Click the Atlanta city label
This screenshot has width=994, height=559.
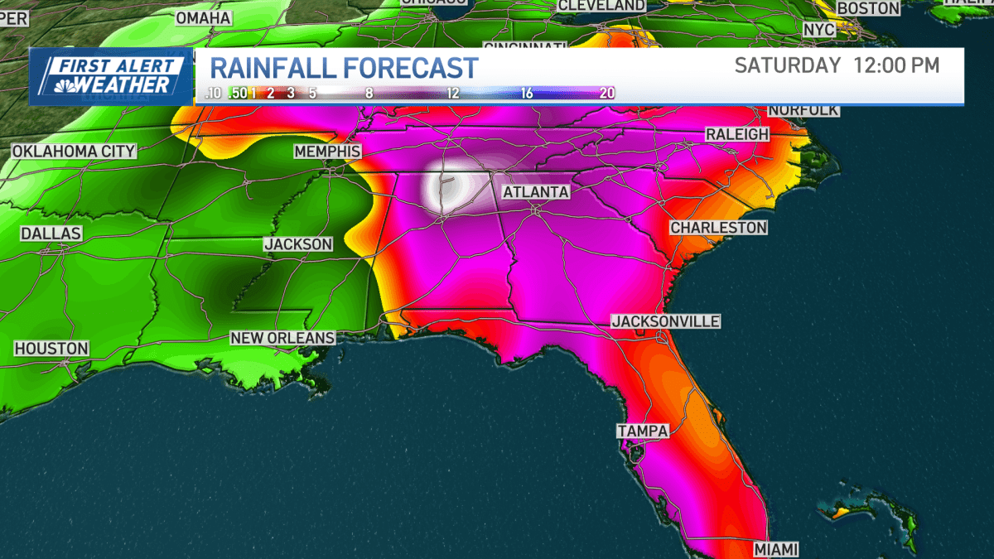[x=535, y=192]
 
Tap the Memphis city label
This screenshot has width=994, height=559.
[x=328, y=152]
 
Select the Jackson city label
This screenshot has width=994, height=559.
[x=298, y=244]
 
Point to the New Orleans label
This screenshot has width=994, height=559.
[x=282, y=338]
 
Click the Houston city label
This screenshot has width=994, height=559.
[x=51, y=349]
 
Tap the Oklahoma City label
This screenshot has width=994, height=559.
[x=74, y=152]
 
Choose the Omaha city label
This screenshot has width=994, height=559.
[x=203, y=17]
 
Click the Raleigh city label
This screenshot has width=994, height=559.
[x=737, y=134]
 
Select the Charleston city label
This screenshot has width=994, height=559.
[x=719, y=227]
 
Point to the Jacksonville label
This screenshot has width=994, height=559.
[x=666, y=321]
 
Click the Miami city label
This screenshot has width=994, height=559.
[x=776, y=549]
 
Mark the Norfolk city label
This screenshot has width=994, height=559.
[x=803, y=110]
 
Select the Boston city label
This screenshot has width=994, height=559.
[x=868, y=8]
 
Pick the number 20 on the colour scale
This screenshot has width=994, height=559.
[x=606, y=93]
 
